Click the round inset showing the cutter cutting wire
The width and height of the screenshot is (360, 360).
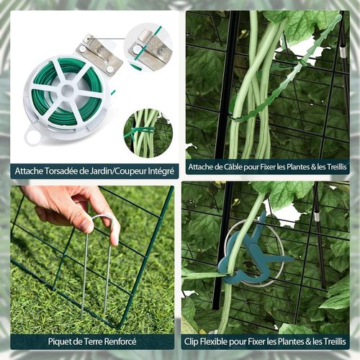coord(148,46)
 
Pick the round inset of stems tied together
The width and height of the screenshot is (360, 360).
coord(148,132)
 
